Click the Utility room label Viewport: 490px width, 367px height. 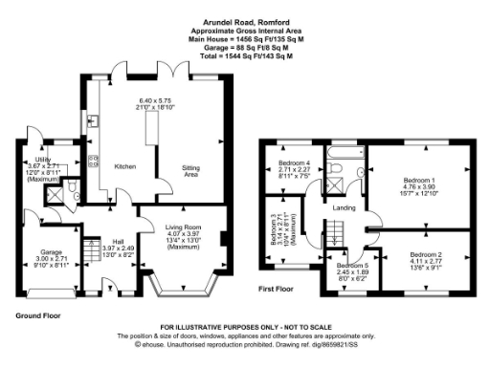[42, 160]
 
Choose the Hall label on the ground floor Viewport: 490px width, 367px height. [117, 241]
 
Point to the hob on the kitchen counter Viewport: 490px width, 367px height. [94, 161]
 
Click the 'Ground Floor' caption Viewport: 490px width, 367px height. [41, 313]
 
